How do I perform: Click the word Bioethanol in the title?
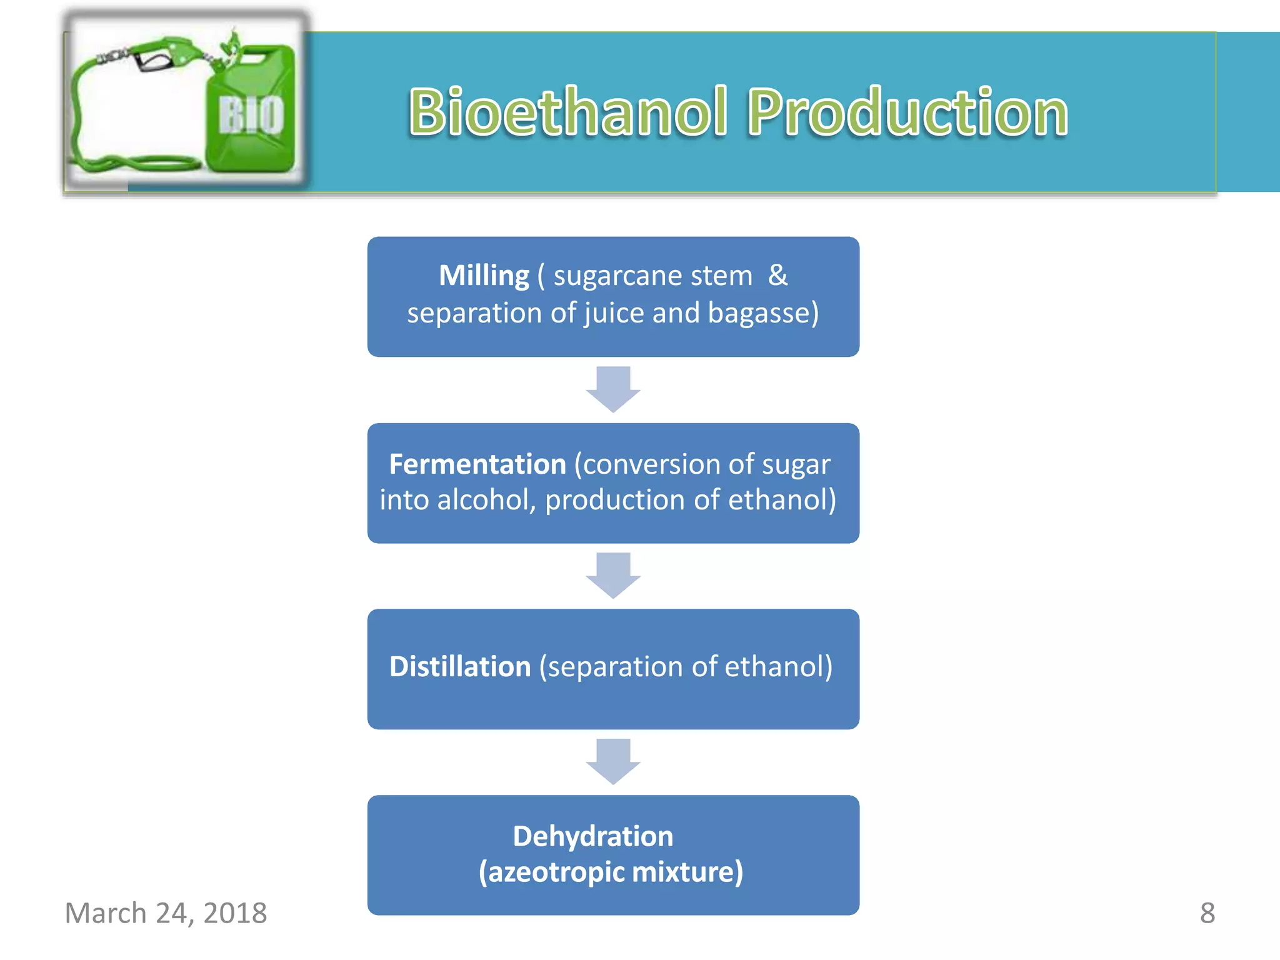[567, 112]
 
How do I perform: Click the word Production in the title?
[907, 112]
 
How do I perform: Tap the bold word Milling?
[484, 276]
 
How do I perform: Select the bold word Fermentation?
[477, 464]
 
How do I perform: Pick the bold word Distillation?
[460, 666]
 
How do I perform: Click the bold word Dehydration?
[592, 836]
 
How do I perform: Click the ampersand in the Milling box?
[777, 275]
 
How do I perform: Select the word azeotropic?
[545, 872]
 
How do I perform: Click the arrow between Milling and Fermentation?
[613, 389]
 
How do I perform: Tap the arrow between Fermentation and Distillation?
[613, 575]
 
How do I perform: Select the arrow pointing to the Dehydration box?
[613, 761]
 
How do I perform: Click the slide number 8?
[1207, 913]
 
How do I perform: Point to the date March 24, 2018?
[166, 913]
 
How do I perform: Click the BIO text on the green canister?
[251, 115]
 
